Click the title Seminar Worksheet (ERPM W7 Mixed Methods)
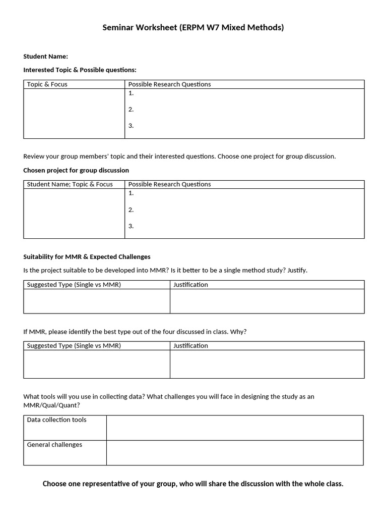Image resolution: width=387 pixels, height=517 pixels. point(193,27)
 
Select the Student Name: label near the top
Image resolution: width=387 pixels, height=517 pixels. point(45,56)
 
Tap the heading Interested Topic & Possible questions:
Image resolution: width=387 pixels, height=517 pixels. point(80,70)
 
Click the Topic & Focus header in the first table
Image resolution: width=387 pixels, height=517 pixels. point(47,84)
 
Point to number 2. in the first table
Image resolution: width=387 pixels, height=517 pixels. point(131,109)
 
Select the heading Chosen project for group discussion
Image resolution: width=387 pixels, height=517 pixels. point(76,170)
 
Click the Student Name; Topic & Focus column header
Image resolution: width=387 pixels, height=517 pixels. point(70,184)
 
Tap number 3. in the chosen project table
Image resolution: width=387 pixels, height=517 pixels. point(131,226)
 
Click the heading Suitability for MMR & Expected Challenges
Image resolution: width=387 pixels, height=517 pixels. point(87,256)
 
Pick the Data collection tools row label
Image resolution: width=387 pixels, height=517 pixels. point(56,420)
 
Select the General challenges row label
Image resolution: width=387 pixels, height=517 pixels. point(54,445)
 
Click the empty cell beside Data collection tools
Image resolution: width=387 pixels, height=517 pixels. point(234,428)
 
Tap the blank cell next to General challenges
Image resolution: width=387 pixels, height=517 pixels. point(234,453)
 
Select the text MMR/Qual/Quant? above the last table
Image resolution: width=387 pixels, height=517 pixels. point(51,405)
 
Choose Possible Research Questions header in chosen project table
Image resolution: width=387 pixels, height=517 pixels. point(169,184)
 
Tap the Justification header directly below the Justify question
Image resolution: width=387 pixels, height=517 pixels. point(190,285)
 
